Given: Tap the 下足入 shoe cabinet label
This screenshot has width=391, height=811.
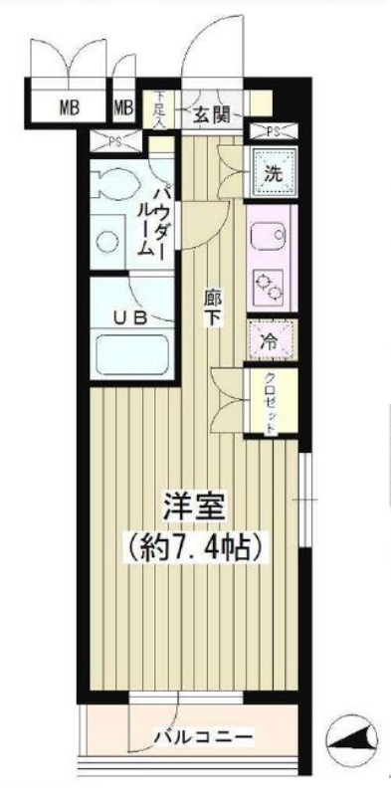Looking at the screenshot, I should pyautogui.click(x=158, y=106).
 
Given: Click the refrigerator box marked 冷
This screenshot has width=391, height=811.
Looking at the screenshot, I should pyautogui.click(x=269, y=337).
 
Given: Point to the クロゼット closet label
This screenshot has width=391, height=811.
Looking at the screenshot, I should pyautogui.click(x=271, y=400).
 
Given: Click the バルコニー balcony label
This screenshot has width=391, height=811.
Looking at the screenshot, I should pyautogui.click(x=203, y=737).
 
